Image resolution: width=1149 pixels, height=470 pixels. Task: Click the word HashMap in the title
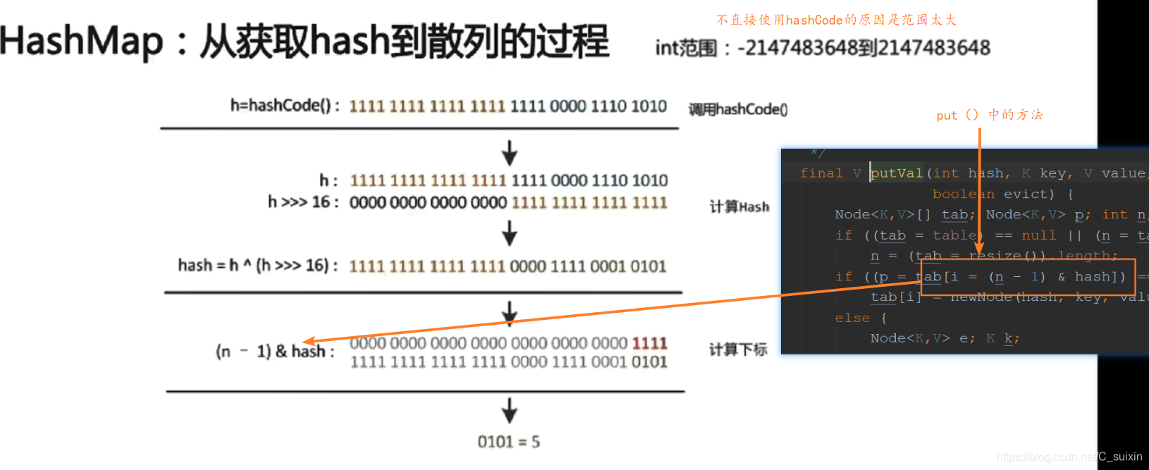[x=81, y=41]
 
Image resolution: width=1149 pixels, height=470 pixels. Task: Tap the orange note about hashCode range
[x=836, y=20]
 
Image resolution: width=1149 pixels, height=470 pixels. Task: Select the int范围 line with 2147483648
[x=823, y=48]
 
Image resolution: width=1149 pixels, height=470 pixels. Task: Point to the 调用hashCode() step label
[x=738, y=109]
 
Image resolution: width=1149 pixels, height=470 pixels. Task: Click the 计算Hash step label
[x=739, y=206]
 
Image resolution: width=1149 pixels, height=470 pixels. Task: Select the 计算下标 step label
[x=738, y=350]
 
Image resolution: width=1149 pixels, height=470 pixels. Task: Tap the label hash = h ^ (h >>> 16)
[x=257, y=266]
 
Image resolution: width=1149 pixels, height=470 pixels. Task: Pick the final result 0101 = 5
[x=508, y=442]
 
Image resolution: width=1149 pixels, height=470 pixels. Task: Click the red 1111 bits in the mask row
[x=649, y=343]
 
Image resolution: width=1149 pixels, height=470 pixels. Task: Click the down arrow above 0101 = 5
[x=509, y=410]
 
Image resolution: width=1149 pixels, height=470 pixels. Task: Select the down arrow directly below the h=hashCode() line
[x=509, y=152]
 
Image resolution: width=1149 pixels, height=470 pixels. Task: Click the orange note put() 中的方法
[x=989, y=115]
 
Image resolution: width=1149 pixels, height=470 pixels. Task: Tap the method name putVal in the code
[x=897, y=173]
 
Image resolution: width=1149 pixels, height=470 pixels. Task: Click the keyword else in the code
[x=852, y=318]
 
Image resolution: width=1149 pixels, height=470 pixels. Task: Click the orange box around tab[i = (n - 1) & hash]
[x=1028, y=277]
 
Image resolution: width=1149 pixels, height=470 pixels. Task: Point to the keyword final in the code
[x=821, y=173]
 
